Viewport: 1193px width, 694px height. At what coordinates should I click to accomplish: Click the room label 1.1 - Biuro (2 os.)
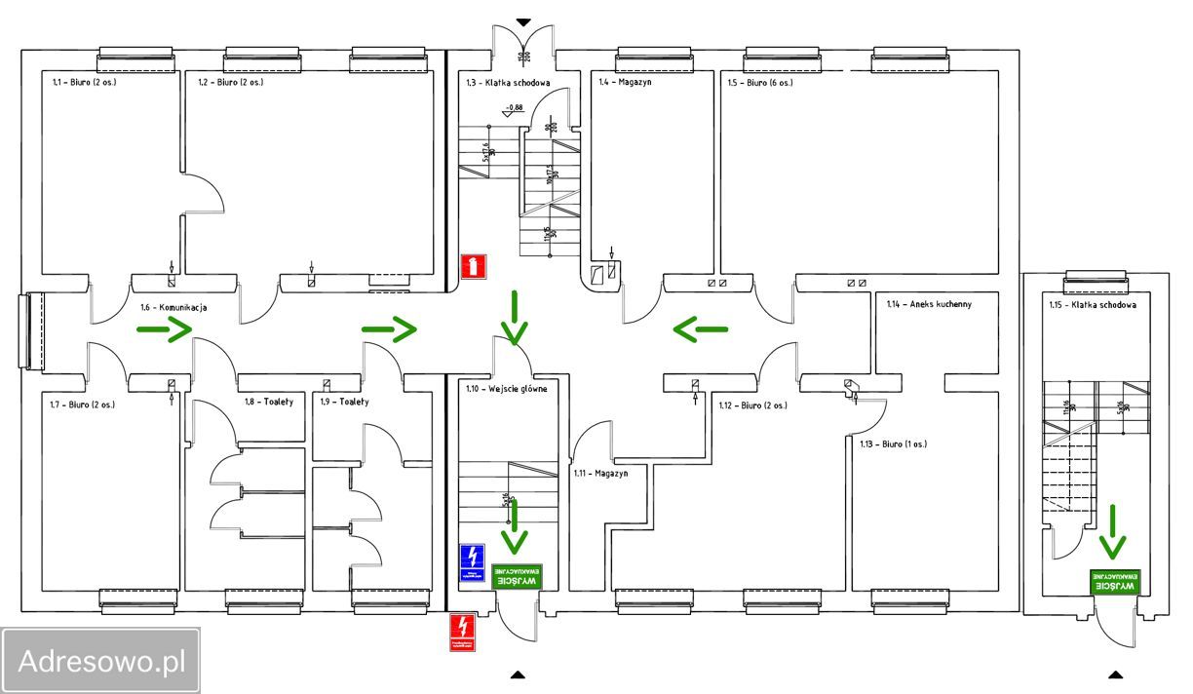click(x=83, y=83)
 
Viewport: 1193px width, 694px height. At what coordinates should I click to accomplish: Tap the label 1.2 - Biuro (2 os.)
click(x=231, y=83)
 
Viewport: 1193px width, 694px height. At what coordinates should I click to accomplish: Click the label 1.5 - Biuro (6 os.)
click(x=760, y=83)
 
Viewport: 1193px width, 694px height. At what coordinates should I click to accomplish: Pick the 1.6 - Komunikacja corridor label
click(x=173, y=308)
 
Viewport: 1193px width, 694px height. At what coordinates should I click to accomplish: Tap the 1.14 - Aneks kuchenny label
click(x=929, y=304)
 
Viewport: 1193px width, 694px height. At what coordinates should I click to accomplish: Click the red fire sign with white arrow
click(x=473, y=265)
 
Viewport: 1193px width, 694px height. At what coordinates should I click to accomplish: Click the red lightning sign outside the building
click(x=462, y=631)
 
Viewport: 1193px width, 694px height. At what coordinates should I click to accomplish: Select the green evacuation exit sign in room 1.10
click(x=517, y=575)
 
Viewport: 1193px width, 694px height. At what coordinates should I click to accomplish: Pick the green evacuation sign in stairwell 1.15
click(x=1115, y=581)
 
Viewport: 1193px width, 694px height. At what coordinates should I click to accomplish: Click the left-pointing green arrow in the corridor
click(x=700, y=330)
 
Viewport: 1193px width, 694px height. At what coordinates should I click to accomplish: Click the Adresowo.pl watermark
click(x=101, y=662)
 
